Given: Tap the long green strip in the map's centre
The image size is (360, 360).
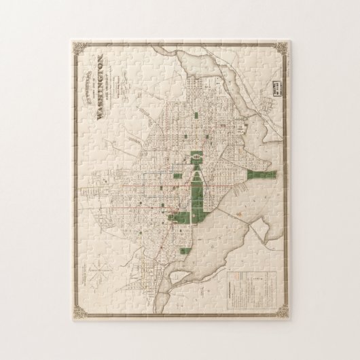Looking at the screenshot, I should coord(197,197).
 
